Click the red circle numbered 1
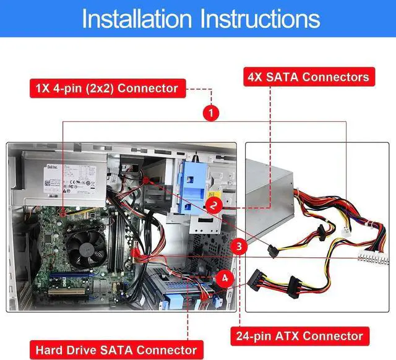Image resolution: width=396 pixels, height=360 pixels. click(x=212, y=113)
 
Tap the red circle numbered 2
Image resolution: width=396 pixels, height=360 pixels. click(x=213, y=204)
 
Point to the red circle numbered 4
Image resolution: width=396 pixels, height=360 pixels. click(x=225, y=278)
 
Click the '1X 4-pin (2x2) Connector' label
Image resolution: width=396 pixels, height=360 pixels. click(x=104, y=88)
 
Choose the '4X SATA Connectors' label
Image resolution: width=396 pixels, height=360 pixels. click(x=308, y=77)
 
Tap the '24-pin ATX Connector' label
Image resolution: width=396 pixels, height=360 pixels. click(x=298, y=336)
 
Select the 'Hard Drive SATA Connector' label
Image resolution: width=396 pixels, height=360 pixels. click(x=117, y=349)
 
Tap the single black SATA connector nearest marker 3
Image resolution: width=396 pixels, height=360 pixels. click(x=272, y=249)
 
